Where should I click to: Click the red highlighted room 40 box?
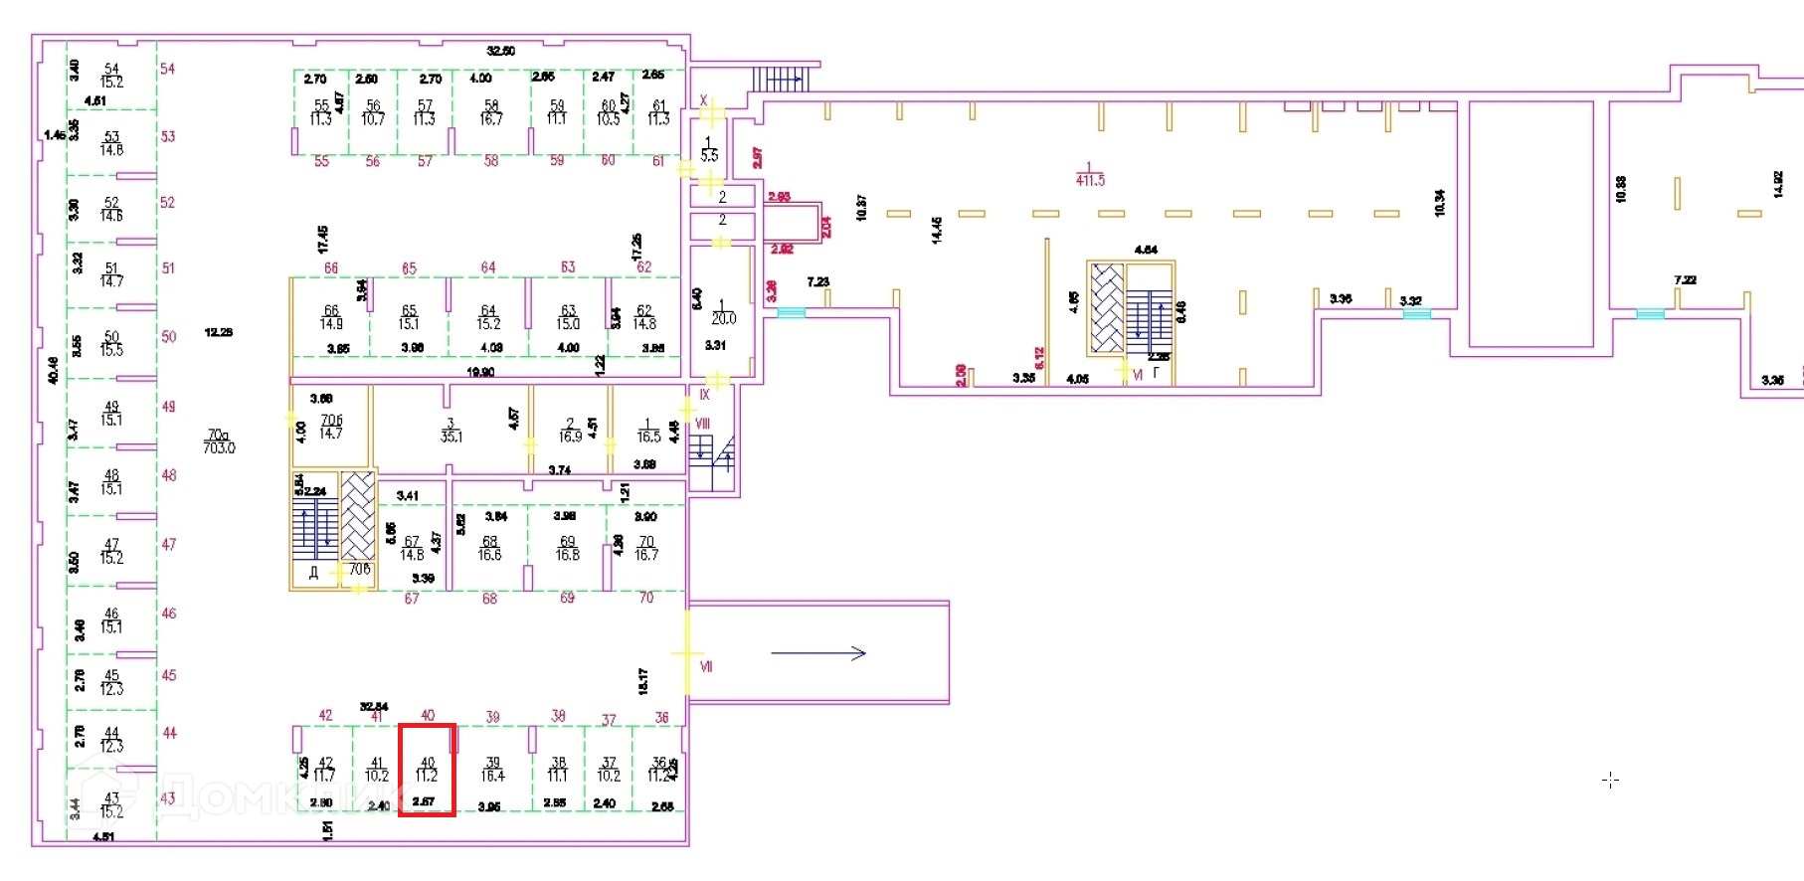(x=427, y=770)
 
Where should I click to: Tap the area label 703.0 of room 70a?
(x=219, y=448)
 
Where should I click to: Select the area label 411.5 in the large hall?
(x=1090, y=181)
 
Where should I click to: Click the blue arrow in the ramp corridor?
(x=818, y=653)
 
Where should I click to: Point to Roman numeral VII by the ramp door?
(x=706, y=666)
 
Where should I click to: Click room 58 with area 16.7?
(x=490, y=112)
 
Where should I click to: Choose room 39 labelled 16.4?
(x=492, y=770)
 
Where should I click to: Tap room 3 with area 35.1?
(x=451, y=431)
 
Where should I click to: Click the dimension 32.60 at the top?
(x=501, y=51)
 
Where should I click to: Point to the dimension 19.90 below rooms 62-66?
(x=480, y=372)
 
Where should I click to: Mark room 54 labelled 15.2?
(x=111, y=76)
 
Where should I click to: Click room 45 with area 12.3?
(x=111, y=682)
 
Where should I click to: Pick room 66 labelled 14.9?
(x=331, y=317)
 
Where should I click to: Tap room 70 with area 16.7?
(x=646, y=549)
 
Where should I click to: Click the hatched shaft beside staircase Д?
(x=358, y=517)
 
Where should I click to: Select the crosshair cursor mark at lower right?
(x=1611, y=781)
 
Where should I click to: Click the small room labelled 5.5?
(x=709, y=150)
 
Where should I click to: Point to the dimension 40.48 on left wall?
(x=53, y=370)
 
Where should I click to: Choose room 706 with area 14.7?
(x=331, y=428)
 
